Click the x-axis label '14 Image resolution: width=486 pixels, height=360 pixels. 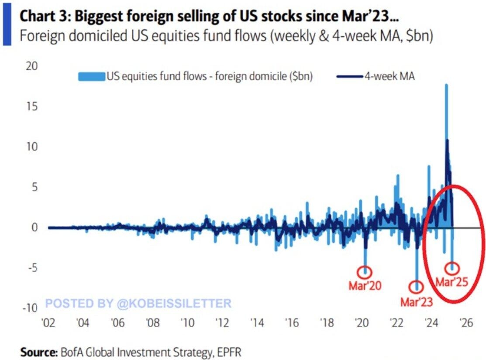tap(257, 323)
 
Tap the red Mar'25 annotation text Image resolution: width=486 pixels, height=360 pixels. tap(452, 281)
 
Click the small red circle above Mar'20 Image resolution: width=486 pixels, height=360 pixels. tap(365, 272)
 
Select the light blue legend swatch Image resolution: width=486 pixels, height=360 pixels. tap(92, 77)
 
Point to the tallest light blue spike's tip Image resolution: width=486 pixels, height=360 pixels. tap(446, 85)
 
